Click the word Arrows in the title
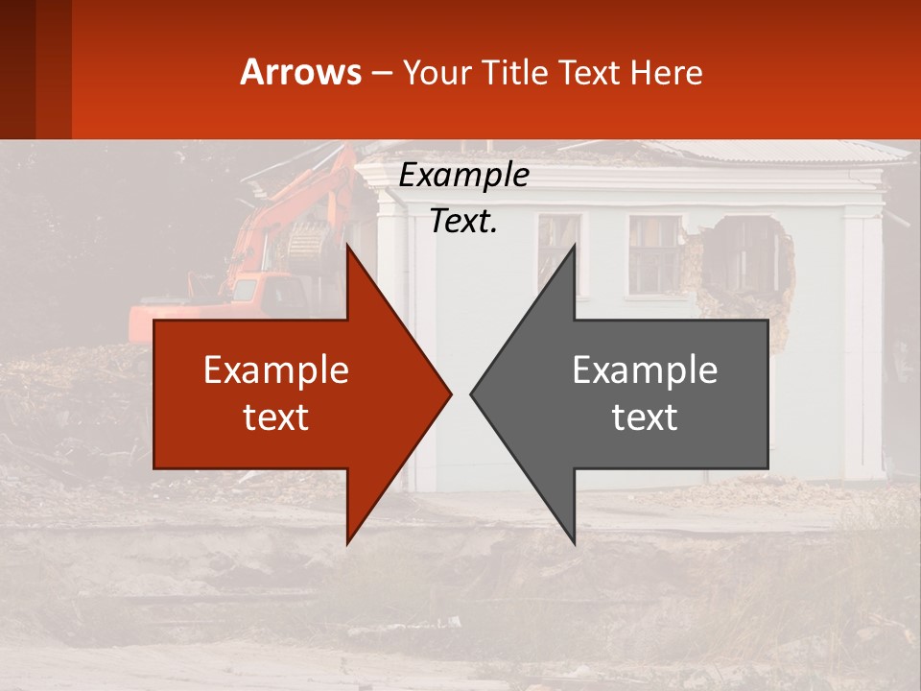pyautogui.click(x=301, y=72)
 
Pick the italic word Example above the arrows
pyautogui.click(x=463, y=176)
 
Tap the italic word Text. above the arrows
pyautogui.click(x=463, y=222)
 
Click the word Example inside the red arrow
pyautogui.click(x=276, y=370)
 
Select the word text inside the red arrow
pyautogui.click(x=276, y=417)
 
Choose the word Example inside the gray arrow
pyautogui.click(x=645, y=370)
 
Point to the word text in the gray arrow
pyautogui.click(x=645, y=417)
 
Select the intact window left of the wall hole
pyautogui.click(x=655, y=253)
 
